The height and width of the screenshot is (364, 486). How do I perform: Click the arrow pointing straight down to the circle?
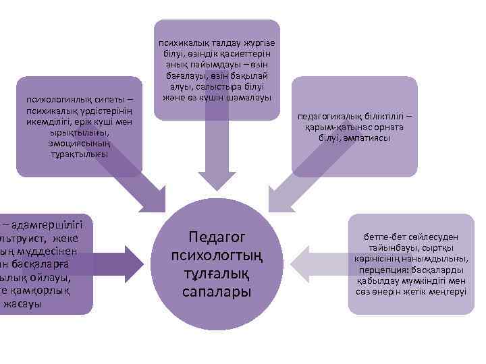[x=217, y=158]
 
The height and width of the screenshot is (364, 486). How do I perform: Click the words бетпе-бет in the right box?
[x=379, y=239]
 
